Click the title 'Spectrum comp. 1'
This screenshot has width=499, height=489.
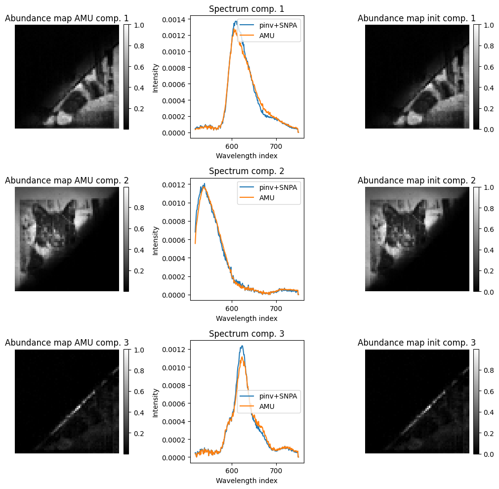pos(247,9)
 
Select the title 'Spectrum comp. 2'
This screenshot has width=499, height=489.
pos(247,171)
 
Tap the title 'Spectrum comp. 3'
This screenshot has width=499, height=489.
pos(247,334)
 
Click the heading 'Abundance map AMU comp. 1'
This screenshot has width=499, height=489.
pos(67,18)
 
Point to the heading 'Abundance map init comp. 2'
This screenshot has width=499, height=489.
pos(416,180)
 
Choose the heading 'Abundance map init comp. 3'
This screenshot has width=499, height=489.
pos(416,343)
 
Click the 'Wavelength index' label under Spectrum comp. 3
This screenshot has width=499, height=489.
pos(247,481)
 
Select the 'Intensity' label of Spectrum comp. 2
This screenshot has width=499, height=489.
pos(156,240)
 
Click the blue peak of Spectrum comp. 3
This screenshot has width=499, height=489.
pos(242,346)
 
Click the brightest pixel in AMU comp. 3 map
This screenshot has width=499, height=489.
pos(79,408)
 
